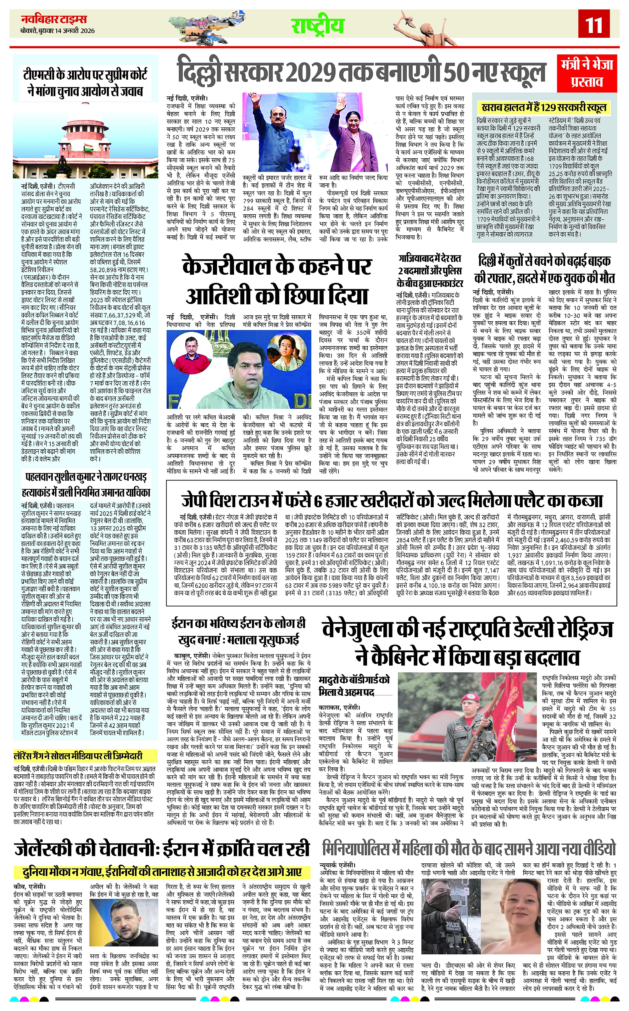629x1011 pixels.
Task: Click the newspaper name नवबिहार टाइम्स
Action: (54, 20)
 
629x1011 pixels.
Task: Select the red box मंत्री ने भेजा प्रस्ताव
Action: (587, 73)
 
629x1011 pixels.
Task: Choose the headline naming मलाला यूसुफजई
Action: (238, 632)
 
